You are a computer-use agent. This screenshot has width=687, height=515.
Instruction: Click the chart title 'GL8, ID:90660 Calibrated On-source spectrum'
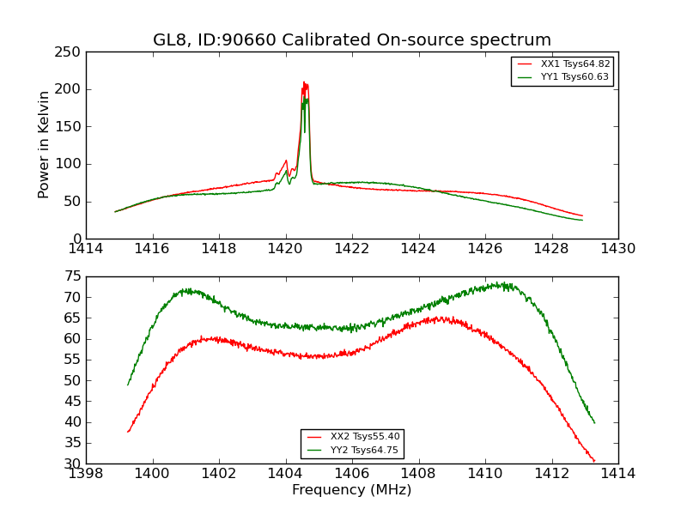pos(352,40)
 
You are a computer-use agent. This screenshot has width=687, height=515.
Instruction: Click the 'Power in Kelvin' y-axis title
pos(44,145)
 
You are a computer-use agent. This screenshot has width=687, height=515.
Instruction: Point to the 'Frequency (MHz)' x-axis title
pos(352,490)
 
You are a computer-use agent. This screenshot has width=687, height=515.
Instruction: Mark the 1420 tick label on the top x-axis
pos(285,249)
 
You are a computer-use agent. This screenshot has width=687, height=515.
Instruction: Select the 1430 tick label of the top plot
pos(618,249)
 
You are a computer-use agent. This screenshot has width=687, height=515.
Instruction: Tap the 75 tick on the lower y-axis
pos(72,276)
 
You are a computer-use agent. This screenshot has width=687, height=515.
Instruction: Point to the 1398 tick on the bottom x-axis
pos(86,473)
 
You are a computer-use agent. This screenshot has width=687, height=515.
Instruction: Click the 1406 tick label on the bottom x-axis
pos(352,473)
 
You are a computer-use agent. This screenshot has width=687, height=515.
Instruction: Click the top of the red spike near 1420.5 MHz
pos(304,82)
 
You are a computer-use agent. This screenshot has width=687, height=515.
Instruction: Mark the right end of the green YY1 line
pos(582,221)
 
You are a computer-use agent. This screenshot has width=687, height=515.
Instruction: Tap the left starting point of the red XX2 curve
pos(128,432)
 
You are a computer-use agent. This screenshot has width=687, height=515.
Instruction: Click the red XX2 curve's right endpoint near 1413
pos(594,462)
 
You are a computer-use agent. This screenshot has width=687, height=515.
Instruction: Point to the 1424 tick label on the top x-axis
pos(418,249)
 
